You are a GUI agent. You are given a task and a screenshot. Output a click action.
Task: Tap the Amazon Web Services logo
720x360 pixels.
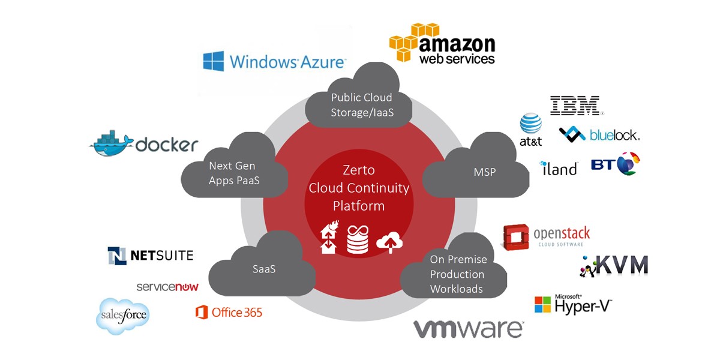point(442,43)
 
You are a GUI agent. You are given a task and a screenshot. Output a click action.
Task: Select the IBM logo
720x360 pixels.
point(575,106)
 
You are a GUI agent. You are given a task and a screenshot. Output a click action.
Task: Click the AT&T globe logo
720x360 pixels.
point(530,125)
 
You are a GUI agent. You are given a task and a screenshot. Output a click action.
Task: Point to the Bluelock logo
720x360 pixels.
point(599,134)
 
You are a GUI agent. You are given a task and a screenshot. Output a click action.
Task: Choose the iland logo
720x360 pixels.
point(558,167)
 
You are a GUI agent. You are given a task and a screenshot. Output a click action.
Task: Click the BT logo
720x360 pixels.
point(615,164)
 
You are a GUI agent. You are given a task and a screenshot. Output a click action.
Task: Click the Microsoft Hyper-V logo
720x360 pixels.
point(574,304)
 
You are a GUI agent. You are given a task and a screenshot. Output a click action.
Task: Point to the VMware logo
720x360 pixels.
point(468,329)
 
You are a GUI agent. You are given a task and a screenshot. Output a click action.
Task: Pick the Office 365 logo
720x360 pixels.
point(229,313)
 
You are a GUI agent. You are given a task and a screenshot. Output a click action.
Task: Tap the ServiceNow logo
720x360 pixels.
point(167,287)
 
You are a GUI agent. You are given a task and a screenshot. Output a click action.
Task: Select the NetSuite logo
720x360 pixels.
point(151,256)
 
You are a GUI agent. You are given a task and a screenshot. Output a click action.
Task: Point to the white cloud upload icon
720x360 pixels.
point(389,242)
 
